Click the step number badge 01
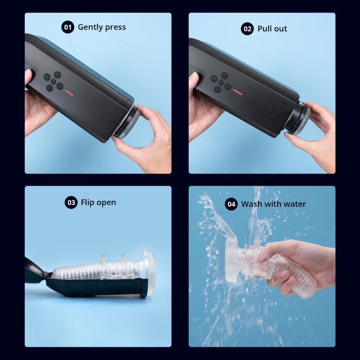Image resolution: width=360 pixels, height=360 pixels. click(x=68, y=27)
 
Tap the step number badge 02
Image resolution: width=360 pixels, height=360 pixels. click(x=247, y=29)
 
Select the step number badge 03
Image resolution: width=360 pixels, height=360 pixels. click(x=71, y=202)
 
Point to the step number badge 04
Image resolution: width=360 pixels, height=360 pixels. click(x=231, y=204)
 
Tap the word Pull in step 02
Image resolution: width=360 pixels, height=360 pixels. click(x=264, y=29)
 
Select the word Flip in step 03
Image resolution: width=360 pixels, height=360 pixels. click(x=87, y=203)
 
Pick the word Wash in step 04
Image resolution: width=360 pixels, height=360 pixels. click(x=251, y=204)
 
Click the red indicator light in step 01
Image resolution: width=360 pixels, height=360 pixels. click(x=69, y=93)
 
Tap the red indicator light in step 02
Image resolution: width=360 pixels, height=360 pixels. click(x=238, y=92)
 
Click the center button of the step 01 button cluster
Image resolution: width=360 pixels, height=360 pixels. click(x=54, y=81)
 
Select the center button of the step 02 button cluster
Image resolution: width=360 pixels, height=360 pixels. click(x=221, y=82)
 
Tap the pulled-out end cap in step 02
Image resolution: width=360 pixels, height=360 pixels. click(x=298, y=119)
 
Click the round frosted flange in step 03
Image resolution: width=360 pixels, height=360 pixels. click(x=148, y=272)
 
